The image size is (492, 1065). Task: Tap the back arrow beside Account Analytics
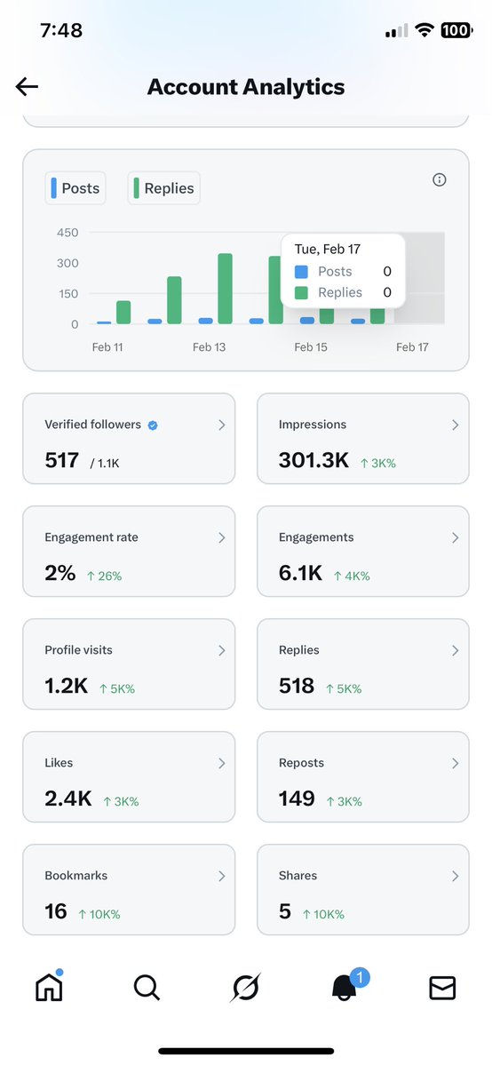pyautogui.click(x=27, y=86)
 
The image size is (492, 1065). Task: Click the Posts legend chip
pyautogui.click(x=75, y=188)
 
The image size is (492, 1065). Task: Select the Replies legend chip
pyautogui.click(x=164, y=188)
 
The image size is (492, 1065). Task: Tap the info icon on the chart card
pyautogui.click(x=439, y=180)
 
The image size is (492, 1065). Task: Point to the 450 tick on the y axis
pyautogui.click(x=67, y=233)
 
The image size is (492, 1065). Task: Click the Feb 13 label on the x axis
pyautogui.click(x=209, y=347)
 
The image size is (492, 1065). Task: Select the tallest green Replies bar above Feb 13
pyautogui.click(x=225, y=289)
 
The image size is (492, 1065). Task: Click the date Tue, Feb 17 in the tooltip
pyautogui.click(x=328, y=250)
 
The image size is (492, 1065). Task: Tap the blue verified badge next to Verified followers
pyautogui.click(x=153, y=425)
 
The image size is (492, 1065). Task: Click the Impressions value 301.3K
pyautogui.click(x=313, y=460)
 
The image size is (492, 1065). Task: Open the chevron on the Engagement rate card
pyautogui.click(x=222, y=538)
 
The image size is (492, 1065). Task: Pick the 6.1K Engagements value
pyautogui.click(x=300, y=573)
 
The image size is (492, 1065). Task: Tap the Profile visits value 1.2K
pyautogui.click(x=66, y=686)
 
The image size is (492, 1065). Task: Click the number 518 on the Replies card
pyautogui.click(x=297, y=686)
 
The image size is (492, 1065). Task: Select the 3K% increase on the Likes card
pyautogui.click(x=121, y=801)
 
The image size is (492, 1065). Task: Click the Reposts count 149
pyautogui.click(x=297, y=799)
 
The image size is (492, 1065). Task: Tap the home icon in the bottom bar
pyautogui.click(x=49, y=987)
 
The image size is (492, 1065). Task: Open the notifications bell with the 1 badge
pyautogui.click(x=345, y=988)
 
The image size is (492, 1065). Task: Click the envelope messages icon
pyautogui.click(x=442, y=988)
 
